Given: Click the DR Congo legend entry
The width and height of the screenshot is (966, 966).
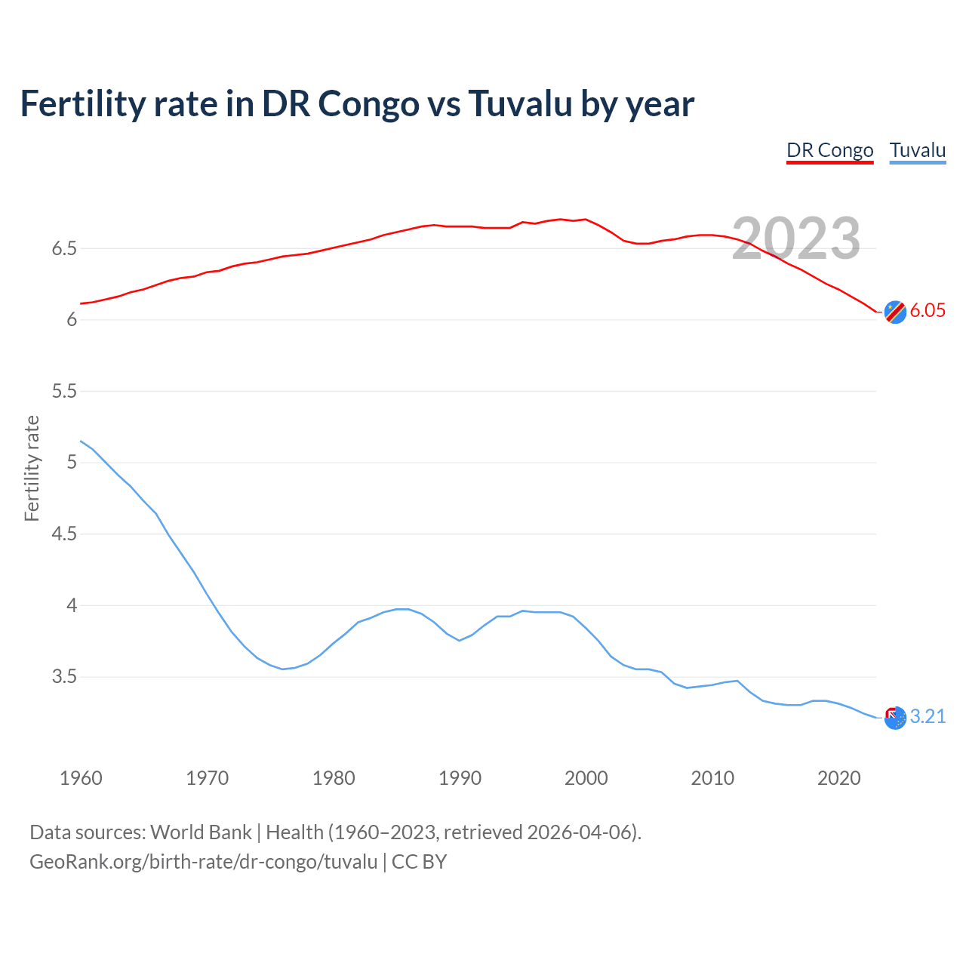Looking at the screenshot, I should click(829, 150).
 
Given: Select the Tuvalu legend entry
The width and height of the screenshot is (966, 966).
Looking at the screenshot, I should click(917, 150).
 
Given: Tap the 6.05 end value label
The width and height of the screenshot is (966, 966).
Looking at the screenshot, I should click(928, 311).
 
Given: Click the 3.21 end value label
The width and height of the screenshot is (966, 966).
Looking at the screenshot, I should click(928, 717).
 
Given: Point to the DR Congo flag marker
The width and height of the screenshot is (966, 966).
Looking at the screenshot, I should click(895, 312).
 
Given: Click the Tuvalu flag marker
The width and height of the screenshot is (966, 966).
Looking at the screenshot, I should click(895, 718).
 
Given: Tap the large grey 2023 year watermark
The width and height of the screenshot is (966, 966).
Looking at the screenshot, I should click(796, 238).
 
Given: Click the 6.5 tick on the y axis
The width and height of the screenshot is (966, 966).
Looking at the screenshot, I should click(64, 249).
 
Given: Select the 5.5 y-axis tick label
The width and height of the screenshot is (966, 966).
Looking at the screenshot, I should click(64, 392).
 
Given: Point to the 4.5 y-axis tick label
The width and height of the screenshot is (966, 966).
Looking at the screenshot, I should click(64, 534).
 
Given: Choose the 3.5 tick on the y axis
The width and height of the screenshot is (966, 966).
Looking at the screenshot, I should click(64, 677).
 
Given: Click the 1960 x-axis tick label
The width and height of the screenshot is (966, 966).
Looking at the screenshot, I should click(81, 778).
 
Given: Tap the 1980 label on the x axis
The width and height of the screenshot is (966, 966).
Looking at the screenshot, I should click(334, 778).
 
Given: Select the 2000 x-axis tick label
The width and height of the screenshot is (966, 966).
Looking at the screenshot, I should click(586, 778).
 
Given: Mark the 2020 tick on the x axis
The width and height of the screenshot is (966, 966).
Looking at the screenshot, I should click(838, 778).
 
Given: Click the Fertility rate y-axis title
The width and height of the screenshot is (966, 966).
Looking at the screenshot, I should click(32, 468).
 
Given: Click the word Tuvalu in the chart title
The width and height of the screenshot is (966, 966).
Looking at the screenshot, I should click(520, 103).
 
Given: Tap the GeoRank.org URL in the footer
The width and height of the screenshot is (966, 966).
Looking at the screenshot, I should click(203, 862).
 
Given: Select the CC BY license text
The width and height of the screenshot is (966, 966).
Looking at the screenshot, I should click(419, 862).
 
